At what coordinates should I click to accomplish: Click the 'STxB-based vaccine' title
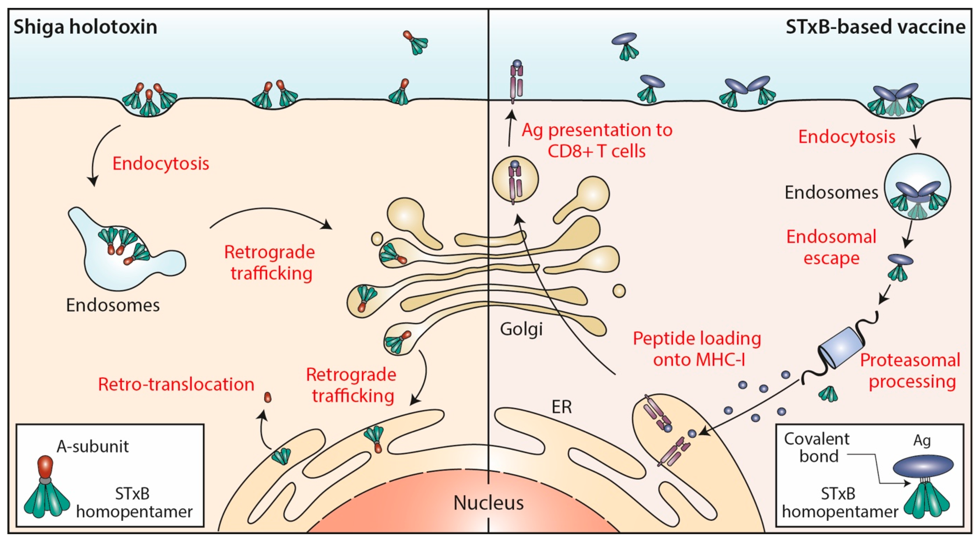875,27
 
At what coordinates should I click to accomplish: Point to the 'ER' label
561,407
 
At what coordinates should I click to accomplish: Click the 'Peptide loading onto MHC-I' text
697,349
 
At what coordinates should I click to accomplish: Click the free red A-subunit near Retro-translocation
268,397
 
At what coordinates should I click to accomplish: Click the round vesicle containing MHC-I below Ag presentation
515,180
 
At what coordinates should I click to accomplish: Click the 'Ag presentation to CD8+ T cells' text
597,140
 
